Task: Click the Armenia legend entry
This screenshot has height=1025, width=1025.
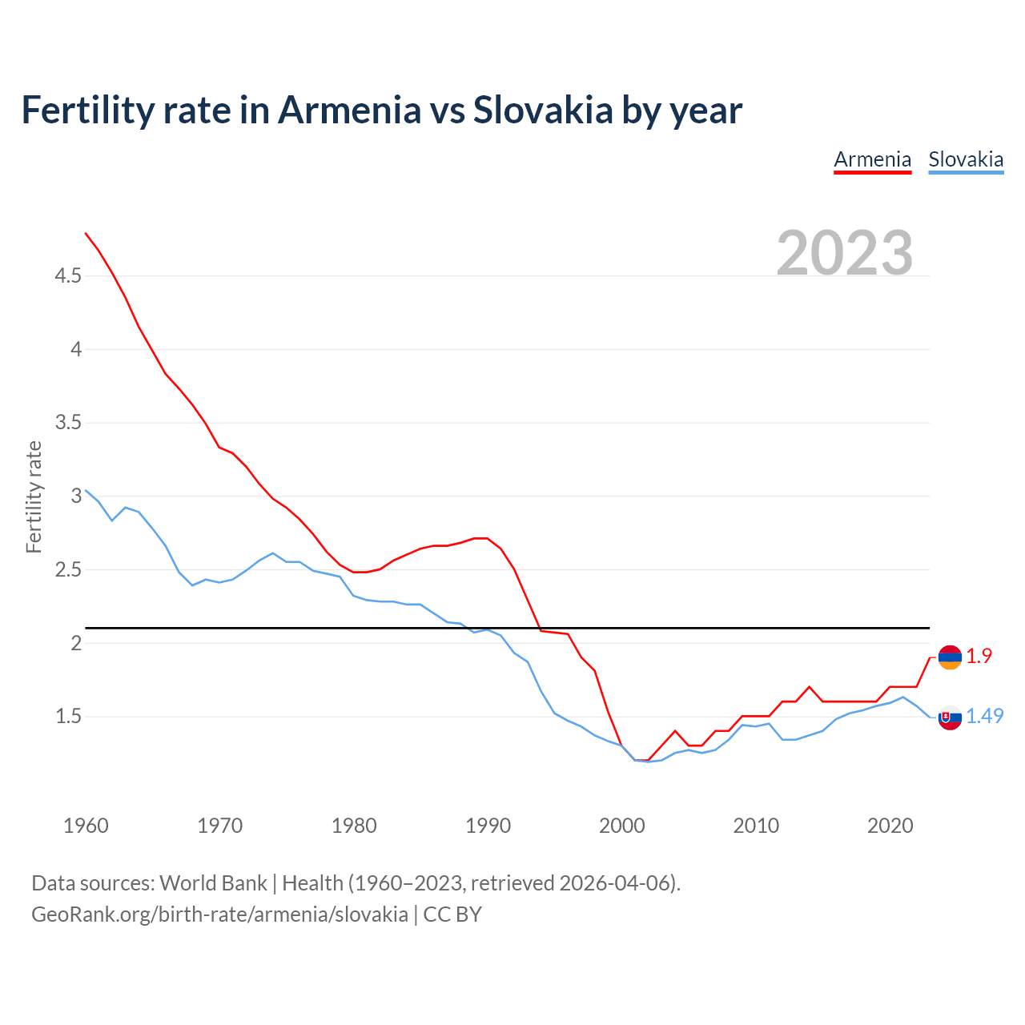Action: click(x=872, y=159)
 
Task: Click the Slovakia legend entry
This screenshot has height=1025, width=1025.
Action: click(x=966, y=159)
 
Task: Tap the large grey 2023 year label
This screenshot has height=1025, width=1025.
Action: click(x=845, y=253)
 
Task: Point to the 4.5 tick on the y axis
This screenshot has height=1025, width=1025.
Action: click(x=68, y=276)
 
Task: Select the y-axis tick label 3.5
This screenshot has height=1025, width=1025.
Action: click(x=68, y=423)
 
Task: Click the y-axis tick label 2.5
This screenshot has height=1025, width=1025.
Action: click(x=68, y=570)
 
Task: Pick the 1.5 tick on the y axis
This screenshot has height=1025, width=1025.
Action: click(x=68, y=717)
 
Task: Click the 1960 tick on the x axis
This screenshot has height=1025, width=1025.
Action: click(x=86, y=826)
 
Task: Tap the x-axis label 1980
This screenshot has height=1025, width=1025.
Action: click(x=354, y=826)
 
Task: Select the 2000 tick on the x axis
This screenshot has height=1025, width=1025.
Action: click(x=621, y=826)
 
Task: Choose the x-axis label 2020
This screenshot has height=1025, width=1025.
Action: click(x=890, y=826)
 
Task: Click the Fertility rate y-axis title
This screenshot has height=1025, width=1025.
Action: click(x=34, y=496)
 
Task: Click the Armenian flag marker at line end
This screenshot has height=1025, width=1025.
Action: click(x=950, y=657)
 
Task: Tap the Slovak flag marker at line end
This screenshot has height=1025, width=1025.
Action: click(x=950, y=717)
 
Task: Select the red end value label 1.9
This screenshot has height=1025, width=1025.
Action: click(x=979, y=656)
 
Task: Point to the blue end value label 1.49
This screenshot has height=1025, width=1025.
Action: click(x=984, y=717)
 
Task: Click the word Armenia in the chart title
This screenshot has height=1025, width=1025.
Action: click(x=348, y=110)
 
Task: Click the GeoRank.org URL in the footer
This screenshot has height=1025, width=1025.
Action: click(x=219, y=914)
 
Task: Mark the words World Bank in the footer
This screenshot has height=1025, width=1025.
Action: click(x=213, y=883)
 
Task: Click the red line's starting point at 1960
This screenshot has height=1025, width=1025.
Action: click(x=86, y=233)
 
